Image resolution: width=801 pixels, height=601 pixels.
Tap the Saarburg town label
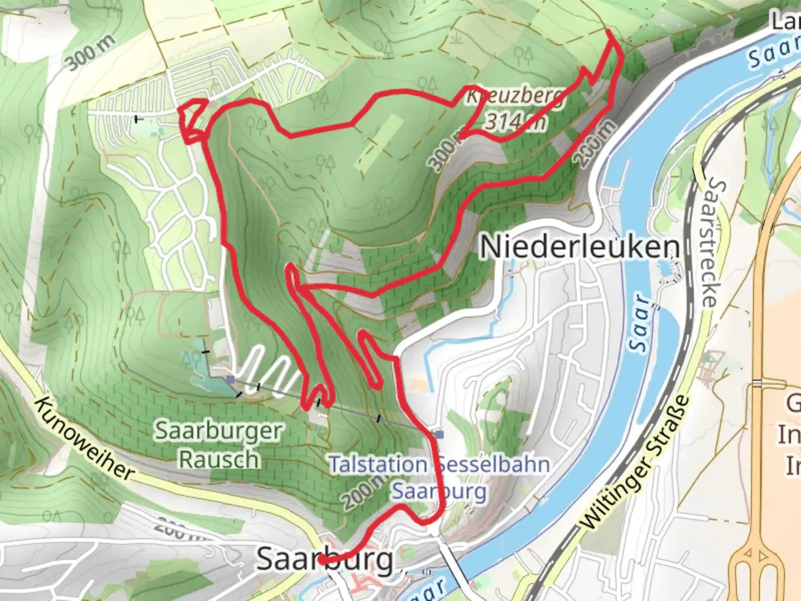click(x=325, y=559)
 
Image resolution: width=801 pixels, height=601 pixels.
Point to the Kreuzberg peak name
click(x=515, y=96)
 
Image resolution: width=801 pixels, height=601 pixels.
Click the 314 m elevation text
click(x=515, y=121)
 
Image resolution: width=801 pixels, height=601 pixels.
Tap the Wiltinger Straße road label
click(x=634, y=463)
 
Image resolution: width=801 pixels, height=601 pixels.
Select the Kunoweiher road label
click(x=83, y=439)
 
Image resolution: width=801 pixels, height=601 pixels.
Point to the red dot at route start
click(x=322, y=561)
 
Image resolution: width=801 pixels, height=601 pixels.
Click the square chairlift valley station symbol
click(x=439, y=434)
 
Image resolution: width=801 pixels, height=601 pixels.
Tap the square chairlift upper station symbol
click(x=230, y=380)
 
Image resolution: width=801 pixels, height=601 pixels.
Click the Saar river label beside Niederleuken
click(x=641, y=323)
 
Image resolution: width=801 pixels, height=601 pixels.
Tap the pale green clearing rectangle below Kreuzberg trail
click(x=379, y=142)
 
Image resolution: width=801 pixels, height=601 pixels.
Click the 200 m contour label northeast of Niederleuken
click(x=596, y=143)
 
